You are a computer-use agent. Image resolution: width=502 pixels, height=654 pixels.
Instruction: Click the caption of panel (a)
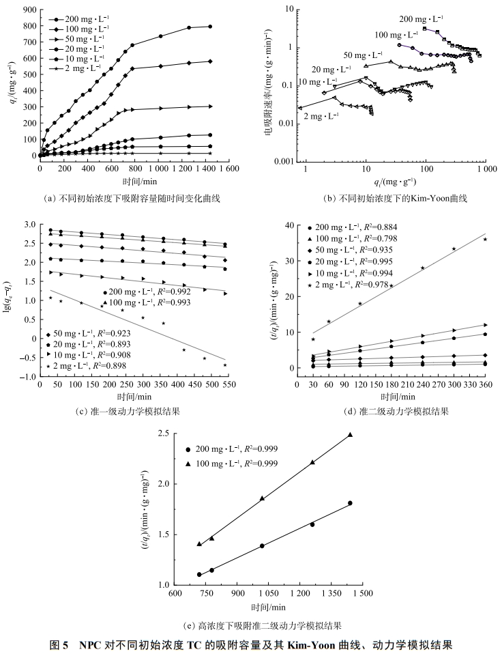click(134, 199)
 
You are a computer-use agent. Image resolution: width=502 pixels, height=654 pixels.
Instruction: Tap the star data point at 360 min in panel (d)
click(486, 239)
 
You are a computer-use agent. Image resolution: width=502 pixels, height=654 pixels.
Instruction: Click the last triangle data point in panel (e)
click(351, 434)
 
